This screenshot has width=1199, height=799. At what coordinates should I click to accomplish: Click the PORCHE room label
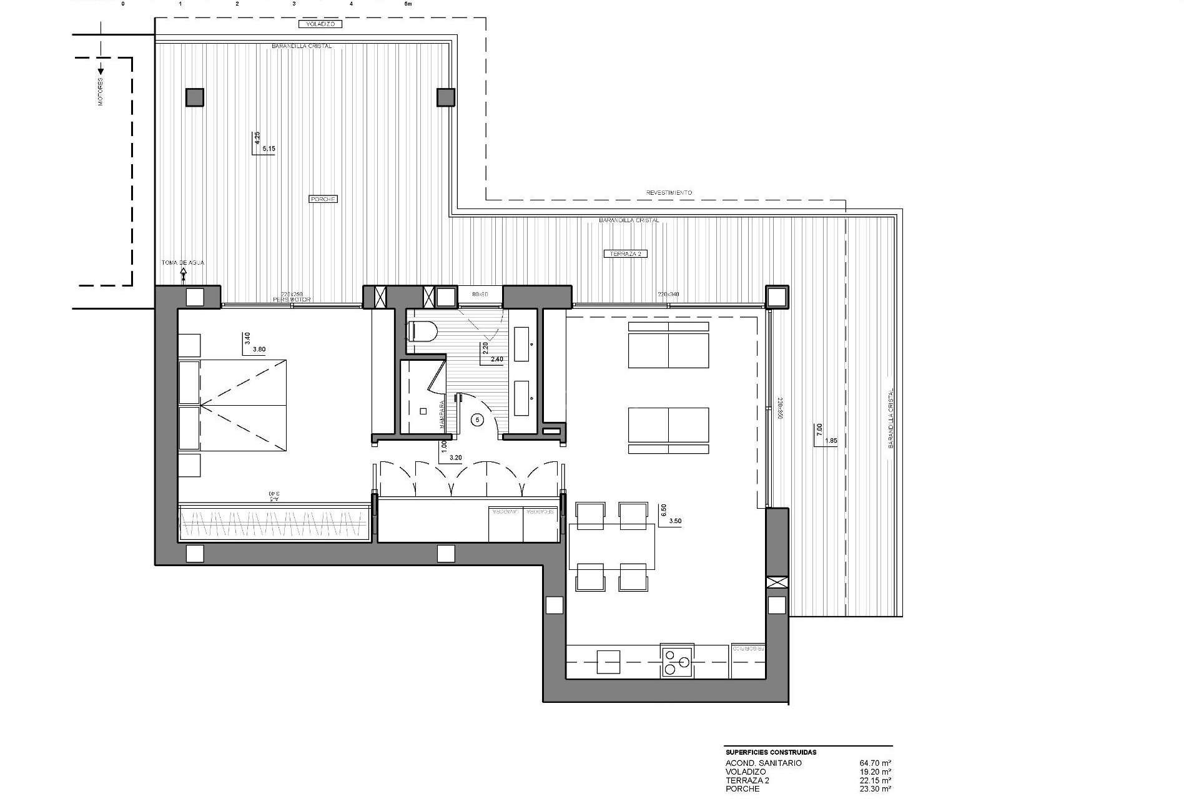click(323, 199)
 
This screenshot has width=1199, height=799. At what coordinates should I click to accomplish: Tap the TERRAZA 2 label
click(626, 254)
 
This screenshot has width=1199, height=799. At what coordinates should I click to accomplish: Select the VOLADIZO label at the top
click(320, 24)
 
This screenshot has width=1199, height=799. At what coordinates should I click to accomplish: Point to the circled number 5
click(478, 420)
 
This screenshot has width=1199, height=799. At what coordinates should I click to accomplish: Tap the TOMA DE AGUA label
click(183, 263)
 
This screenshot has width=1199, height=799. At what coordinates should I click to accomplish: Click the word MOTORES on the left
click(101, 92)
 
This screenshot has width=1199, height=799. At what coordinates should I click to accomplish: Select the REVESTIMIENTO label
click(669, 193)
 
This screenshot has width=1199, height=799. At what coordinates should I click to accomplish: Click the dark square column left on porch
click(194, 97)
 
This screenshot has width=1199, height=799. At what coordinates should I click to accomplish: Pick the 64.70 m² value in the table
click(875, 763)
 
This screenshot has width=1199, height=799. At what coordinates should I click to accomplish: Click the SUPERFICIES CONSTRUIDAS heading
click(771, 752)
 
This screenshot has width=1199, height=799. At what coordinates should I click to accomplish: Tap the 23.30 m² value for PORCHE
click(875, 789)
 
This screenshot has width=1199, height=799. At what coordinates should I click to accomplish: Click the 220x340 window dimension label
click(668, 294)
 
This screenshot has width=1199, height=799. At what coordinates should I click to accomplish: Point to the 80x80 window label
click(480, 294)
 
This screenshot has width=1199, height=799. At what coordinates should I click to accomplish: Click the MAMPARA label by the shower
click(442, 413)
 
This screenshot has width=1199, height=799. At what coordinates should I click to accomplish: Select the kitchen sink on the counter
click(608, 662)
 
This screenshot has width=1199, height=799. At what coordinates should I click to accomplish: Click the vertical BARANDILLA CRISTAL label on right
click(891, 419)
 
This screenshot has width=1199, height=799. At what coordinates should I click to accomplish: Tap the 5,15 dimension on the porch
click(269, 149)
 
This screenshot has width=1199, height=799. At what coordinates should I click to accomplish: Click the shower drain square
click(423, 411)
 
